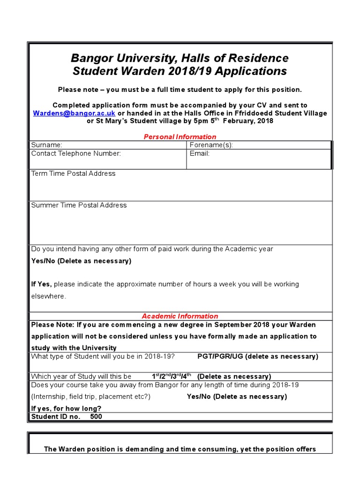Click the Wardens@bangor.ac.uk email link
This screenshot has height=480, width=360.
click(x=74, y=113)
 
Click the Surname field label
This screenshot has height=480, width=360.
click(x=46, y=145)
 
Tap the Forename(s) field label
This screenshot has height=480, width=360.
click(x=211, y=145)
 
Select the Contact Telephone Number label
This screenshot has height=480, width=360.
click(x=76, y=153)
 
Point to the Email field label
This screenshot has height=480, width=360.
click(x=200, y=153)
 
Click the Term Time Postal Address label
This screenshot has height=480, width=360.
click(x=73, y=173)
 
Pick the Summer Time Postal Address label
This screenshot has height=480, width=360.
click(x=79, y=205)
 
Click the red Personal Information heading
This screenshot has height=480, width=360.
click(x=180, y=137)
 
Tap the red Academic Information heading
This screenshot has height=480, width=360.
click(x=180, y=316)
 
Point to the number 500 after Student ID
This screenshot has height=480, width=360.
click(x=96, y=416)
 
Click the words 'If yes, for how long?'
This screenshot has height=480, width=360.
click(x=66, y=408)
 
